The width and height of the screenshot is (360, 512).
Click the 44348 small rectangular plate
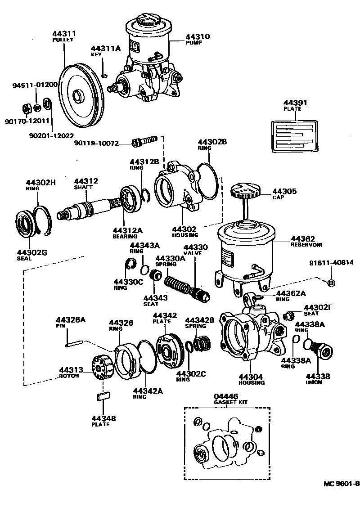tap(104, 396)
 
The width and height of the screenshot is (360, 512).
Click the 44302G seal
tap(25, 225)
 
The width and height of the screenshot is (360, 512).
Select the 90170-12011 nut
tap(27, 108)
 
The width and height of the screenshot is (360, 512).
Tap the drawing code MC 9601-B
tap(342, 484)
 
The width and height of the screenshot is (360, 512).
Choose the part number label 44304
tap(251, 377)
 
